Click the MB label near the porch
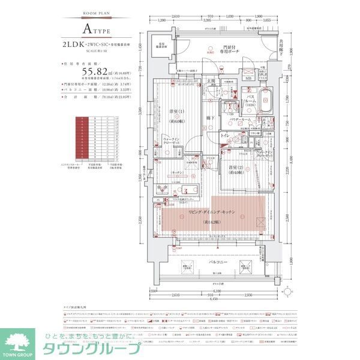248,77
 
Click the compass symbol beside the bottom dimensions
290,292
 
